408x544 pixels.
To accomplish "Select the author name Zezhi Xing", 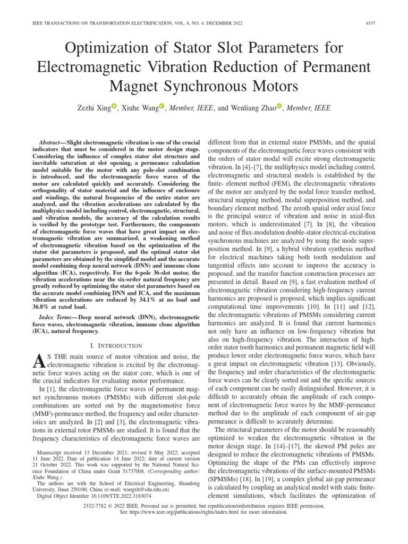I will pos(93,108).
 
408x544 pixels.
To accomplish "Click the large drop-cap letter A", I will pos(37,361).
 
